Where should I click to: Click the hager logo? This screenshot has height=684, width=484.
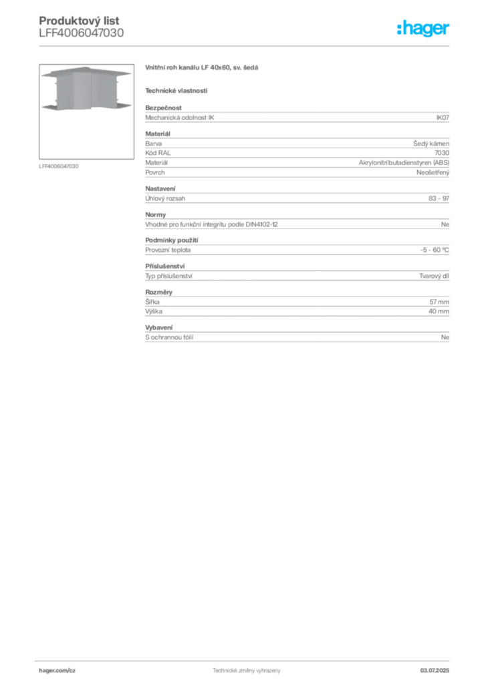(423, 28)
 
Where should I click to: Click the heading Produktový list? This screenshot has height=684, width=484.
(79, 21)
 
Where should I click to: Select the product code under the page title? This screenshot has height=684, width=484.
(81, 33)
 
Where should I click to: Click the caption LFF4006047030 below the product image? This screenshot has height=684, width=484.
(58, 166)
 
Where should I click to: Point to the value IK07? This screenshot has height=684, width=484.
(443, 118)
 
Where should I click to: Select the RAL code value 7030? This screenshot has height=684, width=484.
(442, 153)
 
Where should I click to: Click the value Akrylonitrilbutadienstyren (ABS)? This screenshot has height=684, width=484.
(404, 163)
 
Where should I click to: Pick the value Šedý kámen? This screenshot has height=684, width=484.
(431, 144)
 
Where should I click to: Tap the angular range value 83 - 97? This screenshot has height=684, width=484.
(439, 198)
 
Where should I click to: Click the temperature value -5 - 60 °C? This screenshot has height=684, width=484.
(435, 250)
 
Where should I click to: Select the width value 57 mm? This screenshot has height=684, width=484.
(439, 302)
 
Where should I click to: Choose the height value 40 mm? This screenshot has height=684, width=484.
(439, 311)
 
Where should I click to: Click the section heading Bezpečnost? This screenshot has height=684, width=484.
(163, 108)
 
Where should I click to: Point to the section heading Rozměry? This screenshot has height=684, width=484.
(159, 293)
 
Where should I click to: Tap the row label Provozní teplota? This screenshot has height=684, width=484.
(168, 250)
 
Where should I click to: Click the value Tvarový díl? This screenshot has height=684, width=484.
(435, 276)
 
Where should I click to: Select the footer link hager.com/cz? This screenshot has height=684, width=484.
(57, 671)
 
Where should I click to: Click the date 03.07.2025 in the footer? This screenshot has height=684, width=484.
(435, 671)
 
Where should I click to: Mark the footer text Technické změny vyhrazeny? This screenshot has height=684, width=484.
(247, 671)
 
